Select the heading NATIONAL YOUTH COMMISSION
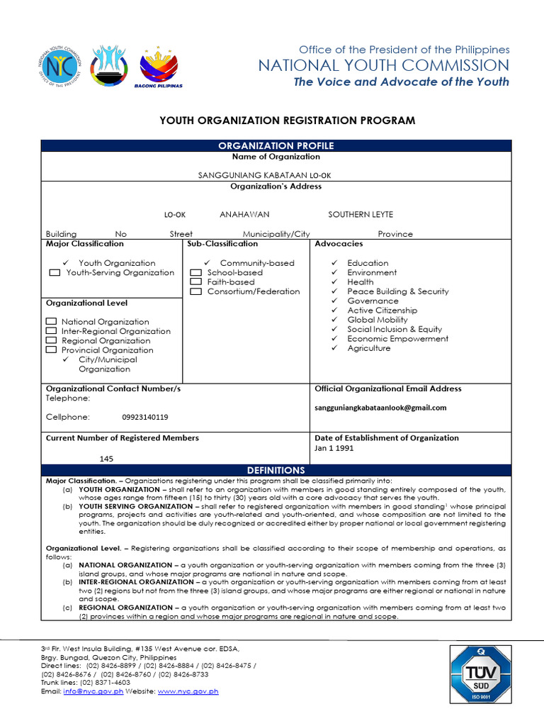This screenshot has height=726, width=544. [383, 66]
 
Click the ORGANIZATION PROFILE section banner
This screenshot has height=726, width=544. [276, 145]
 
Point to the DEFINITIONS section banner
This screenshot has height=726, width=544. [276, 470]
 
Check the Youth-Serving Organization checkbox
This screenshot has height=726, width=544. [54, 273]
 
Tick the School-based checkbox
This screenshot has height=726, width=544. [195, 273]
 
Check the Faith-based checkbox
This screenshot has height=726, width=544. [195, 282]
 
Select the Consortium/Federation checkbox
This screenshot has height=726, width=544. [195, 291]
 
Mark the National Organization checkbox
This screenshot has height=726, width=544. [51, 322]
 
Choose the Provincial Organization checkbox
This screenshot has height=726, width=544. [51, 350]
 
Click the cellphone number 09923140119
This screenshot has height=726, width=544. [145, 417]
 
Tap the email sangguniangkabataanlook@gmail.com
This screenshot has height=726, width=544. [380, 408]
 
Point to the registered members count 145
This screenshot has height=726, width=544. [106, 459]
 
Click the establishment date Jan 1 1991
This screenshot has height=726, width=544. [334, 448]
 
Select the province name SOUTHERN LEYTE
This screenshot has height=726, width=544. [361, 214]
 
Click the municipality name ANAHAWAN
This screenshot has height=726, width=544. [244, 214]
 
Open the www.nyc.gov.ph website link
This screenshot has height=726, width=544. [188, 691]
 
